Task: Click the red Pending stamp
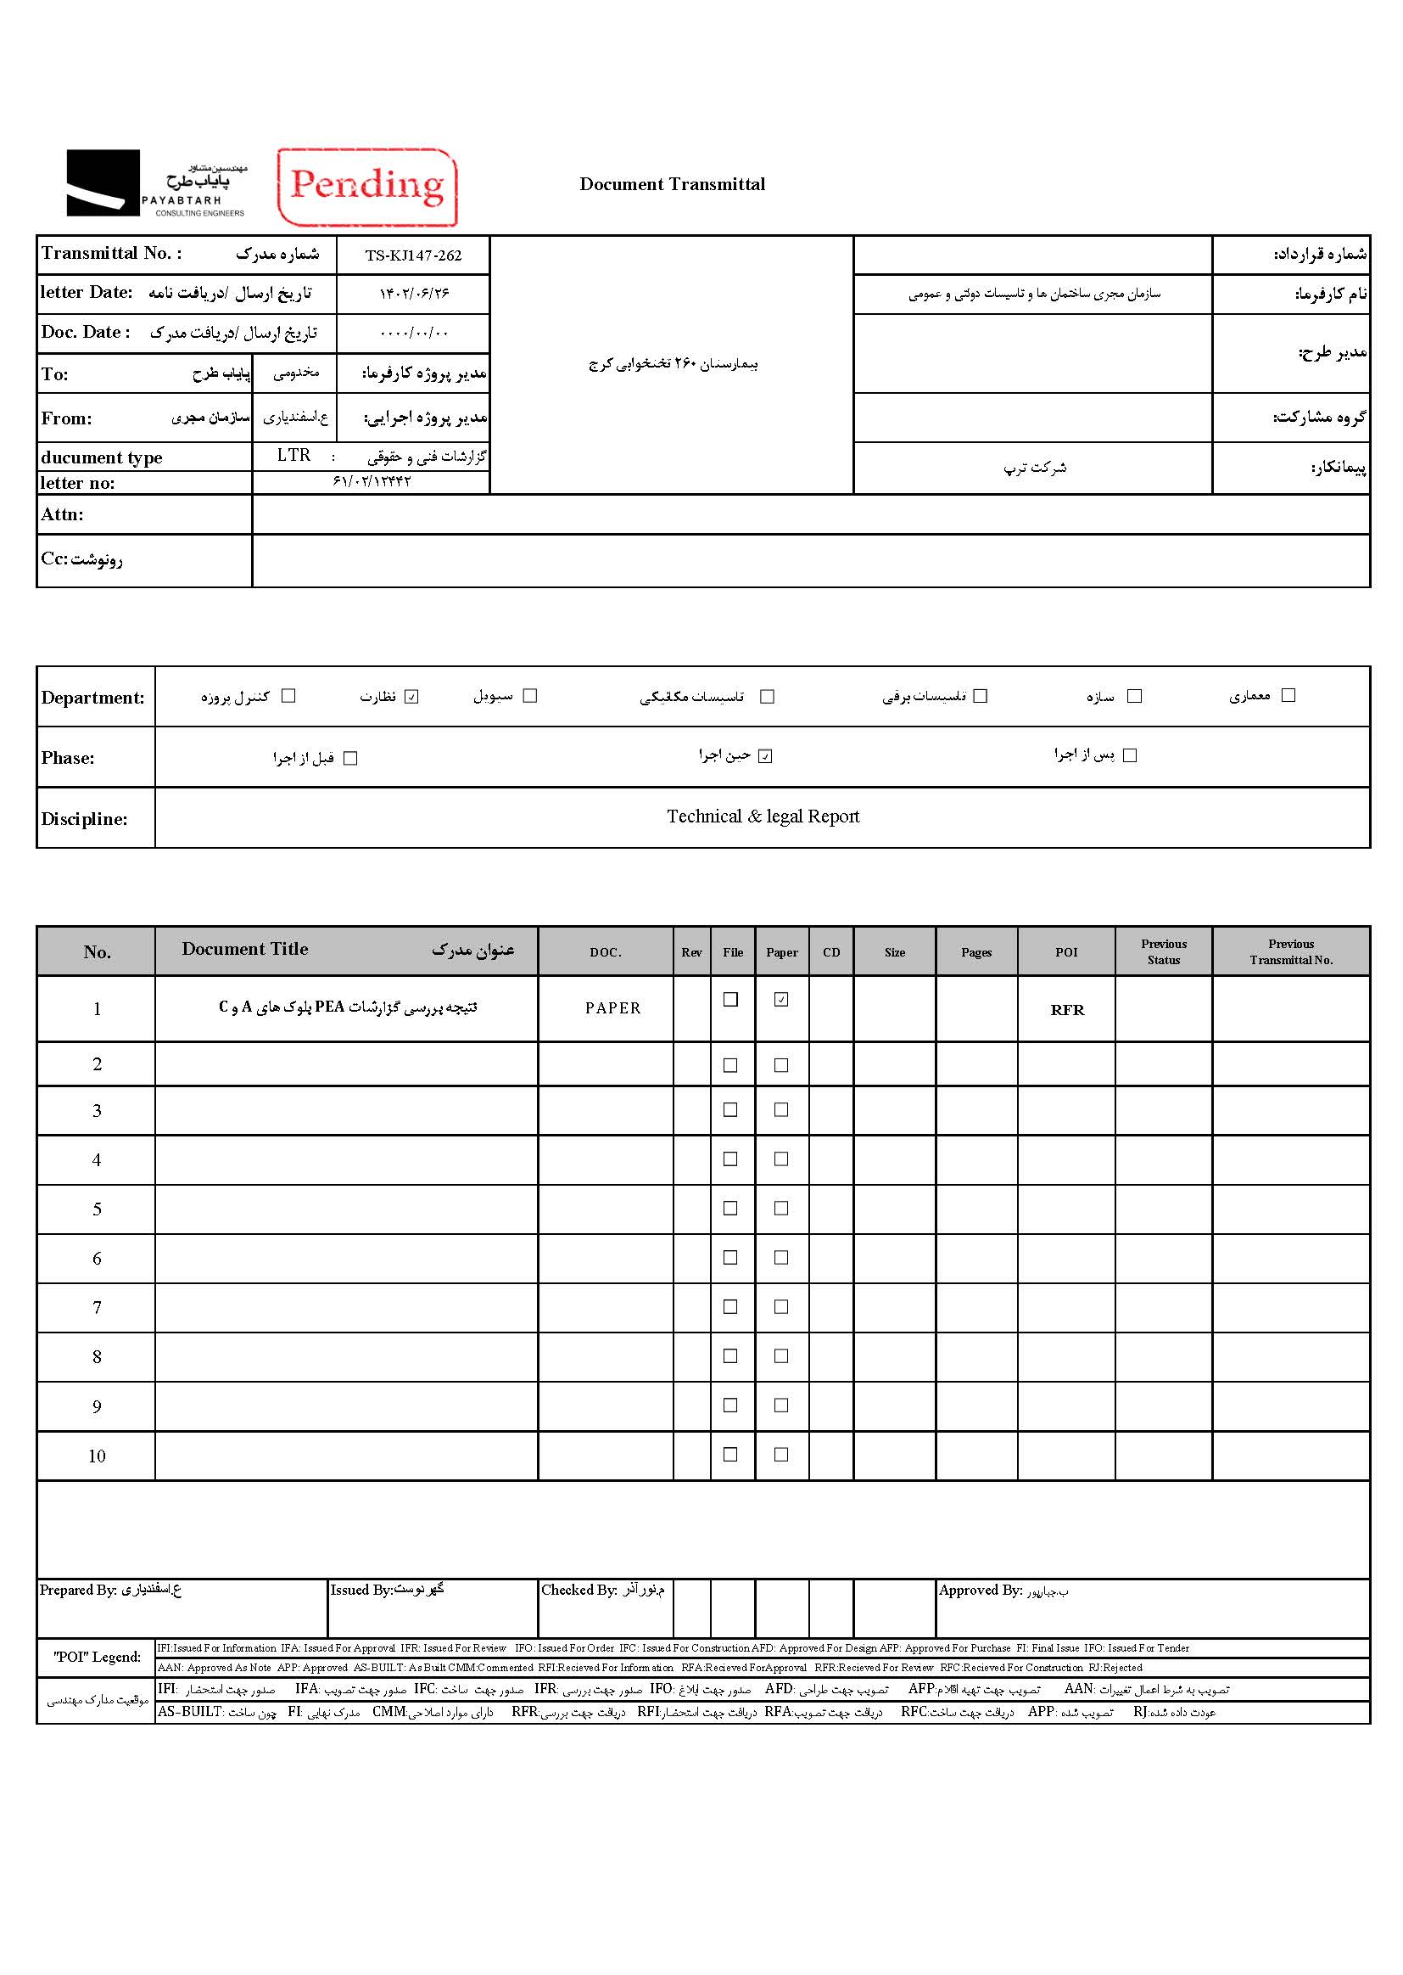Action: click(367, 186)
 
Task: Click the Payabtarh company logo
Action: click(156, 183)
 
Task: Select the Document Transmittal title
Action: click(672, 184)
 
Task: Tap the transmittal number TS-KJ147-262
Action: click(413, 255)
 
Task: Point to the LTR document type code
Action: click(293, 456)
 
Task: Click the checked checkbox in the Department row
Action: click(411, 697)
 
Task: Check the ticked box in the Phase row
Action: click(764, 756)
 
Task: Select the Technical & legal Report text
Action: click(763, 816)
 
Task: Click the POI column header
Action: click(1066, 951)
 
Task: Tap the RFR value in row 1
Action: click(1067, 1009)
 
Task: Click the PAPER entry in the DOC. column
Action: click(612, 1008)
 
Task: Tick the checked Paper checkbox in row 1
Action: click(781, 1000)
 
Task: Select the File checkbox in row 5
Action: click(730, 1209)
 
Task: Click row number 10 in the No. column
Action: click(97, 1456)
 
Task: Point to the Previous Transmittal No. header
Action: click(1291, 951)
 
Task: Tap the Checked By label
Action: click(579, 1591)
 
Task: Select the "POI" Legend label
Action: click(97, 1657)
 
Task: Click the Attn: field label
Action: click(62, 515)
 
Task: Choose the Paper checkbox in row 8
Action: click(781, 1356)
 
